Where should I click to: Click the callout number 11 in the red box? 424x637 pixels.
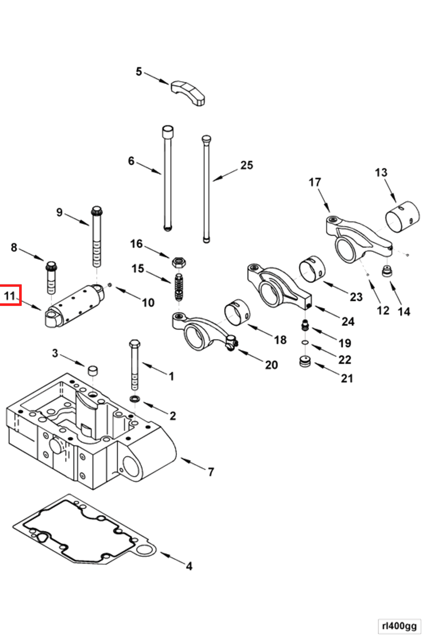click(x=10, y=296)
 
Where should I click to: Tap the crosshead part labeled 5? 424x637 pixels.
click(x=188, y=92)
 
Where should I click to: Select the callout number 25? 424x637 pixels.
click(x=247, y=165)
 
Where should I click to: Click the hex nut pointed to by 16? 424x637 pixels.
click(x=179, y=262)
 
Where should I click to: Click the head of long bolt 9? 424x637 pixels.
click(x=97, y=210)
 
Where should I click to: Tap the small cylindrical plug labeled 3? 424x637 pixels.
click(x=93, y=370)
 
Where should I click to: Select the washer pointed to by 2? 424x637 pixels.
click(x=135, y=399)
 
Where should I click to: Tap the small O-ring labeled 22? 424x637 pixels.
click(x=305, y=342)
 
